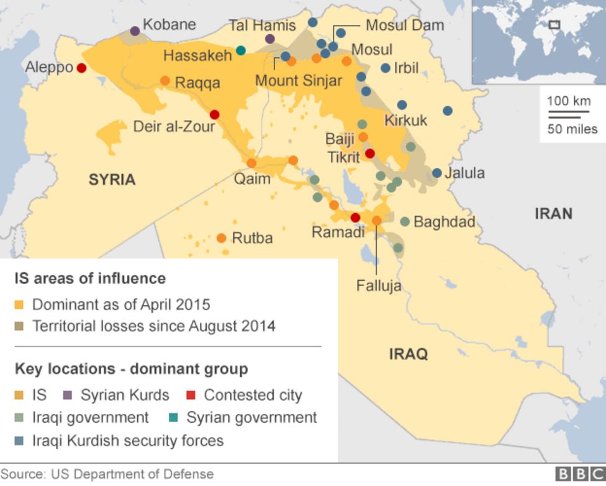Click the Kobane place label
(x=169, y=25)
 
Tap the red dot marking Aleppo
(x=81, y=68)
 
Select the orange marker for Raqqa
(x=165, y=81)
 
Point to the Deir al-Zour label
(x=174, y=127)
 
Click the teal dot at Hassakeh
(x=241, y=50)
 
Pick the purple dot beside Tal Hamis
(x=270, y=39)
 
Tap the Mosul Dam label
(x=404, y=25)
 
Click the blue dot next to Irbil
(x=386, y=68)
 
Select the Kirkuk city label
(x=406, y=120)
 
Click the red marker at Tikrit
(x=370, y=154)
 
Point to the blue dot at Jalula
(x=437, y=173)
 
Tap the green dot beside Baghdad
(x=405, y=221)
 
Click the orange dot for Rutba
(x=221, y=238)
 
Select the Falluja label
(x=379, y=286)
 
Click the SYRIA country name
(x=112, y=180)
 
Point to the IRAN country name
(x=553, y=214)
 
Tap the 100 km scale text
(x=568, y=101)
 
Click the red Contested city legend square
(x=192, y=395)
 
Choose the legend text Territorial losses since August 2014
(x=154, y=326)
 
